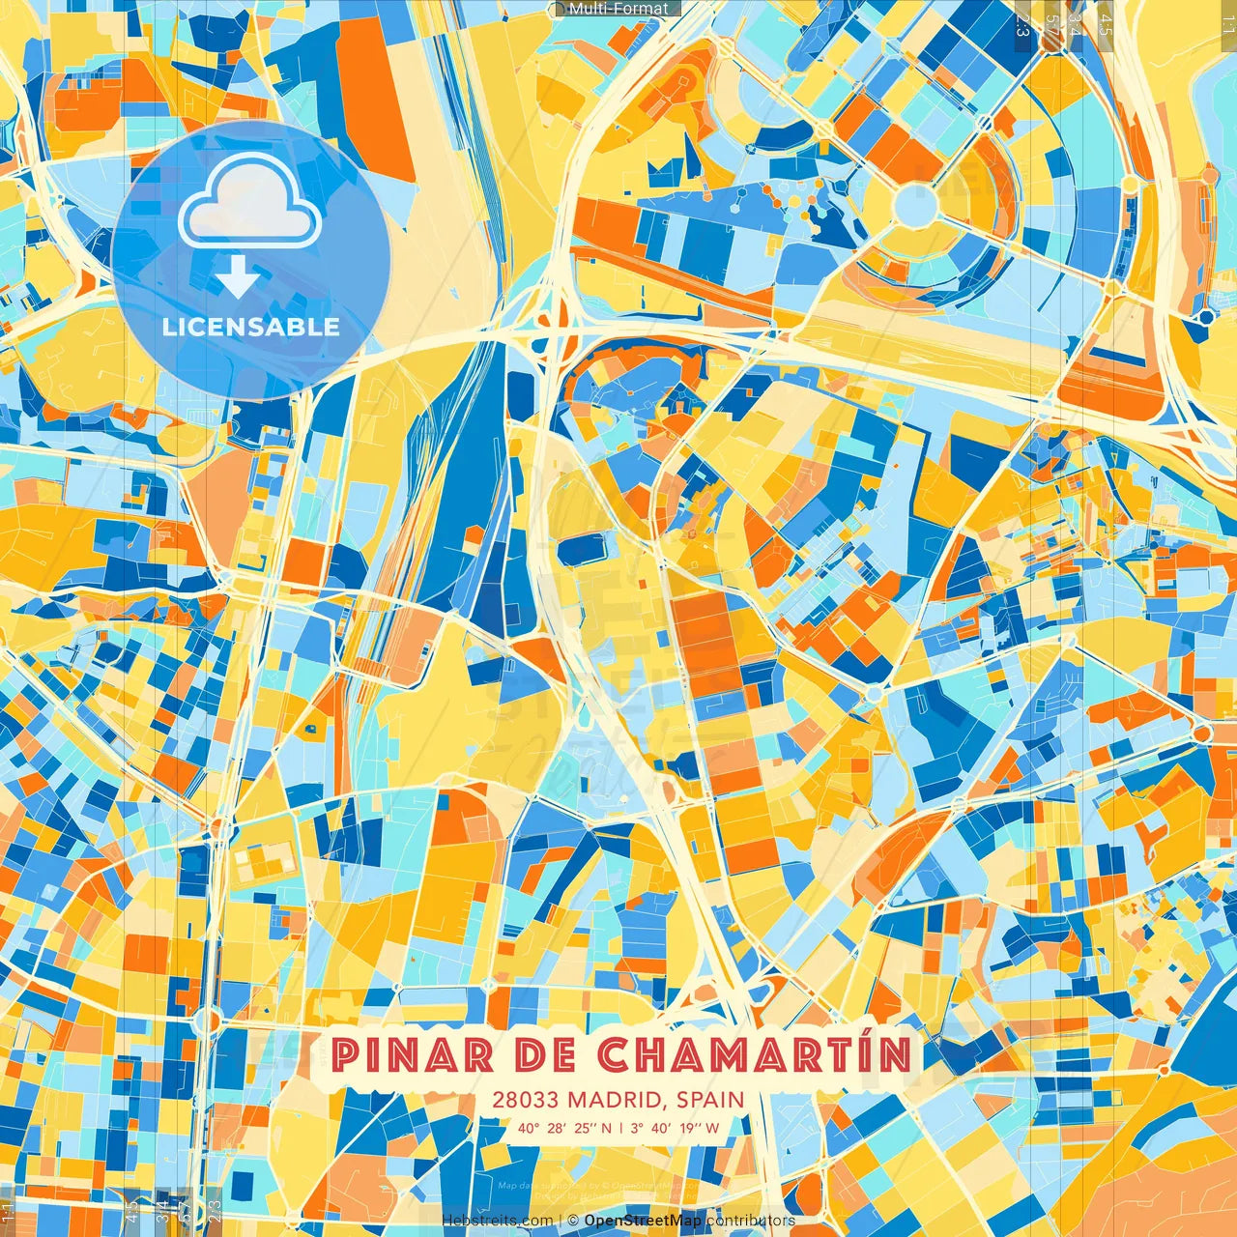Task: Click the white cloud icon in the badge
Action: pyautogui.click(x=249, y=202)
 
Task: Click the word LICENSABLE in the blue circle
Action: pyautogui.click(x=250, y=327)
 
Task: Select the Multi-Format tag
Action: pyautogui.click(x=618, y=9)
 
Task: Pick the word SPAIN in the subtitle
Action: pyautogui.click(x=710, y=1100)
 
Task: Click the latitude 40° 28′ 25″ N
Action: pyautogui.click(x=563, y=1127)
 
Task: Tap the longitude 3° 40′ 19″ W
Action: pyautogui.click(x=675, y=1127)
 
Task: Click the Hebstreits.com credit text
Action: pyautogui.click(x=497, y=1221)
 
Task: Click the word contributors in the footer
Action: pyautogui.click(x=751, y=1221)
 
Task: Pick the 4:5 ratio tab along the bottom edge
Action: pyautogui.click(x=131, y=1208)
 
